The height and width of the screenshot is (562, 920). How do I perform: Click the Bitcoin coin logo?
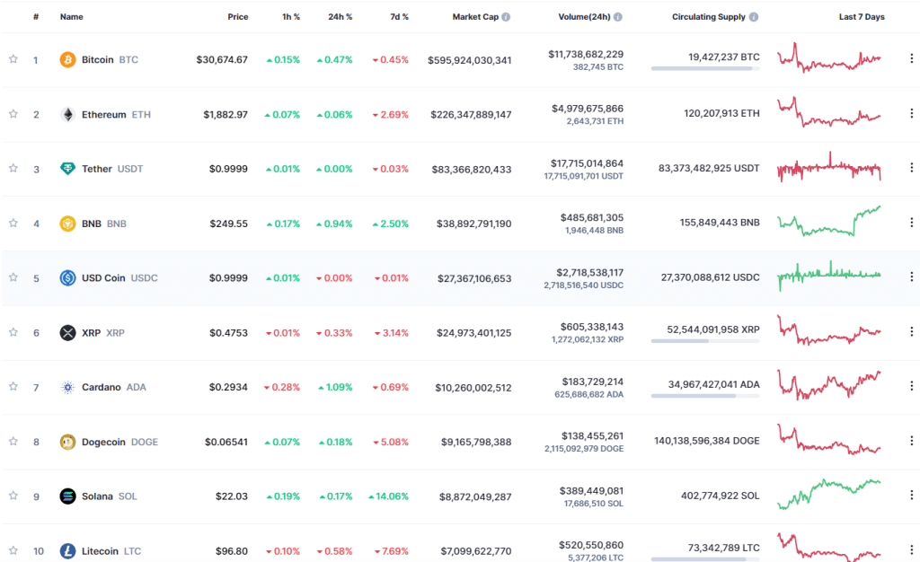[x=67, y=59]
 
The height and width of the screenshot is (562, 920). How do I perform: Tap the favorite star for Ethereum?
[x=13, y=114]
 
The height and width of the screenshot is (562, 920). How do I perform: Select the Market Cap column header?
[x=475, y=17]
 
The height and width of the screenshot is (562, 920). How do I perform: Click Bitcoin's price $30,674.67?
[x=222, y=60]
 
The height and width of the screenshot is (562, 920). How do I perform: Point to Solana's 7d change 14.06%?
[x=389, y=496]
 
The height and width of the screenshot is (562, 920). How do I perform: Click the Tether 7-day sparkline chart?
[x=829, y=168]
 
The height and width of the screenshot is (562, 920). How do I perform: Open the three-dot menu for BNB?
[x=910, y=223]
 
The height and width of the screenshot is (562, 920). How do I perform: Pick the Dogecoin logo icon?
[x=67, y=441]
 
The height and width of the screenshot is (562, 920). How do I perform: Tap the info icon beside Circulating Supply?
[x=754, y=17]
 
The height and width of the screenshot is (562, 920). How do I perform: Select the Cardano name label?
[x=101, y=387]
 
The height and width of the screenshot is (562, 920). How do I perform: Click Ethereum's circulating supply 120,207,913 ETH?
[x=711, y=114]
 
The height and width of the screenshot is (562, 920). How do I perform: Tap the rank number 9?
[x=36, y=496]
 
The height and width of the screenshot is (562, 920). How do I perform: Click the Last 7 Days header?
[x=862, y=17]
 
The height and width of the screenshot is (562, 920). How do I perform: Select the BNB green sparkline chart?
[x=829, y=221]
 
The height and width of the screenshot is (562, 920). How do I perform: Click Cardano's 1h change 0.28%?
[x=282, y=387]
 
